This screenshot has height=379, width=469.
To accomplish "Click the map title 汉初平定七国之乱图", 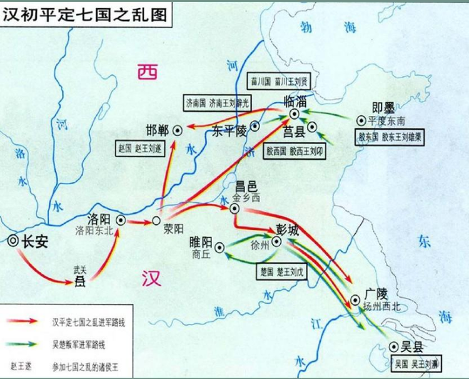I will pyautogui.click(x=86, y=13).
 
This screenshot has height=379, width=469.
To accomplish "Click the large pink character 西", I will pyautogui.click(x=149, y=73).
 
